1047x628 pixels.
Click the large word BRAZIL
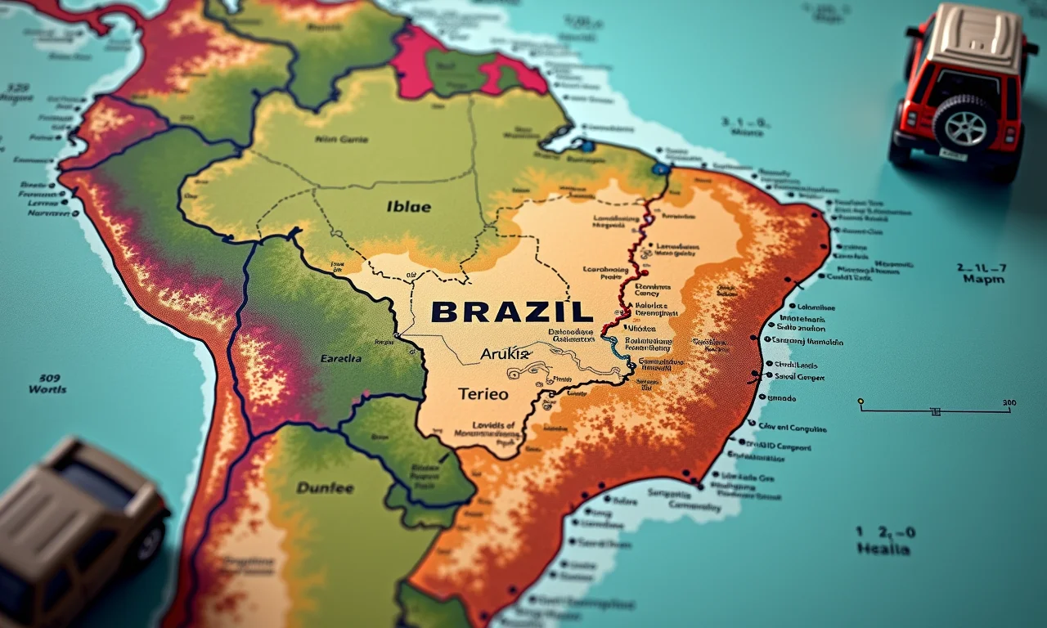pos(511,312)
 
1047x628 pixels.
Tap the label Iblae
pos(408,206)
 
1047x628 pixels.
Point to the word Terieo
pos(483,393)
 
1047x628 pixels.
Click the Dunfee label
pos(325,488)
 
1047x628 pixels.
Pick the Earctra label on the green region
pos(342,358)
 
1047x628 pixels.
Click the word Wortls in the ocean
pos(47,389)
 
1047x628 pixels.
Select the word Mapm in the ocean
pos(983,279)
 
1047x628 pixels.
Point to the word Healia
pos(883,549)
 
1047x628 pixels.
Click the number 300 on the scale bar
pos(1009,402)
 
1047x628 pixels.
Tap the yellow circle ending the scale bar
pos(861,401)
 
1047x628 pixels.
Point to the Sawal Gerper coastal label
pos(799,377)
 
